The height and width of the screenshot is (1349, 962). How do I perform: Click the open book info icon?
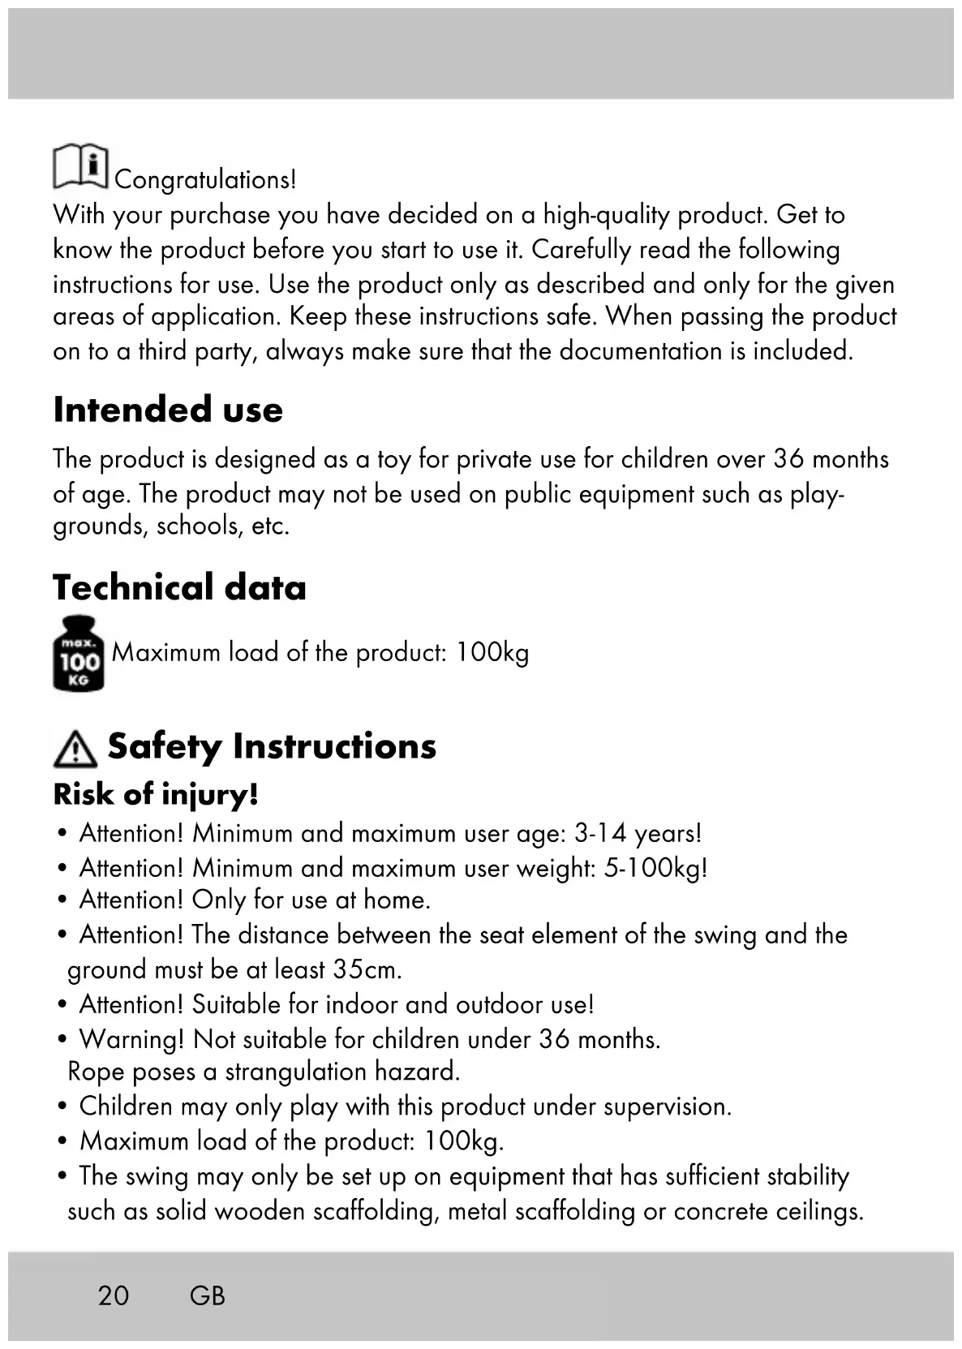pyautogui.click(x=81, y=166)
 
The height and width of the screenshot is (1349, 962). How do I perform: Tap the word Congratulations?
pyautogui.click(x=205, y=179)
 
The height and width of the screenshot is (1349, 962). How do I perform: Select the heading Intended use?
pyautogui.click(x=168, y=410)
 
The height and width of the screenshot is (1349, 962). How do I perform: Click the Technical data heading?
pyautogui.click(x=179, y=587)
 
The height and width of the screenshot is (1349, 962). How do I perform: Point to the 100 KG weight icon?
pyautogui.click(x=79, y=654)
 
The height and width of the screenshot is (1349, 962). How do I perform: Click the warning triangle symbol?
pyautogui.click(x=75, y=749)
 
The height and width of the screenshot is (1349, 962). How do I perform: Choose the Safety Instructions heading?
pyautogui.click(x=272, y=746)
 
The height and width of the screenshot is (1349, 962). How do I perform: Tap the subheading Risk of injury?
pyautogui.click(x=156, y=794)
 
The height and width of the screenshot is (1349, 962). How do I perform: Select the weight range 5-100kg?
pyautogui.click(x=655, y=868)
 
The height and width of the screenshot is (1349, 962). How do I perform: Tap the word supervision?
pyautogui.click(x=668, y=1106)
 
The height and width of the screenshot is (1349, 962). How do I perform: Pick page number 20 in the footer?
pyautogui.click(x=114, y=1295)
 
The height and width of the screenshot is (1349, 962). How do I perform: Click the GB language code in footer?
pyautogui.click(x=208, y=1295)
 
